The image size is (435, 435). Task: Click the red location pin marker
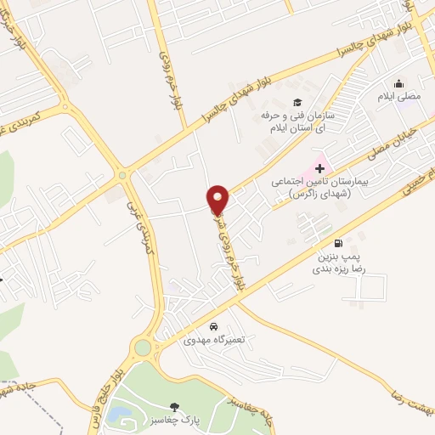click(218, 200)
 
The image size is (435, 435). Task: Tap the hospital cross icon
click(319, 168)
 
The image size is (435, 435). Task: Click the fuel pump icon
click(340, 242)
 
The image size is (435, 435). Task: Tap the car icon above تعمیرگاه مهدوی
click(213, 326)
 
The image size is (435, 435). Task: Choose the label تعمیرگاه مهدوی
click(213, 339)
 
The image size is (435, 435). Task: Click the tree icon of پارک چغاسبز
click(175, 407)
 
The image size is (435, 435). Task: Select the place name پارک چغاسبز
click(175, 421)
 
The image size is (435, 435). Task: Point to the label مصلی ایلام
click(399, 97)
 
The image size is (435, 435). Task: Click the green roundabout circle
click(143, 347)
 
